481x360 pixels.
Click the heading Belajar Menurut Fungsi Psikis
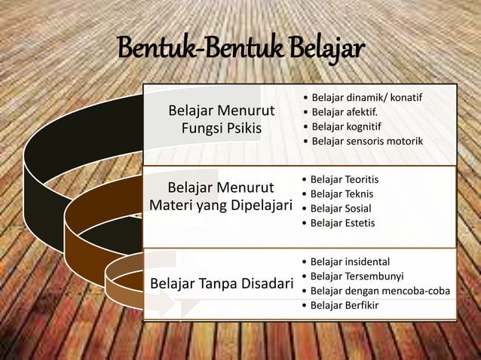[221, 121]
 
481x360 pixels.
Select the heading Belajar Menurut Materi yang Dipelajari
[221, 195]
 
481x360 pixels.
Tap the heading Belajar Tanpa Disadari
[222, 284]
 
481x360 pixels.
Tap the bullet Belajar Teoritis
[344, 180]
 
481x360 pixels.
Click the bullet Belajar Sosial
[341, 209]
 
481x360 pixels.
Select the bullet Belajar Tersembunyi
[353, 276]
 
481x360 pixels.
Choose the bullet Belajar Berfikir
[345, 305]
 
